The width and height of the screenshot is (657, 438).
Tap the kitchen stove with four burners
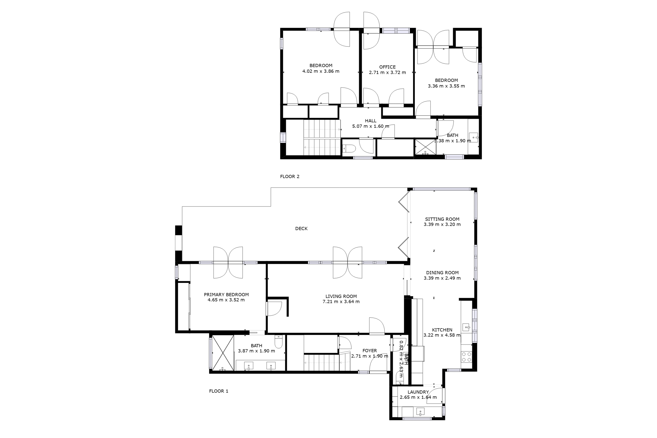click(x=466, y=357)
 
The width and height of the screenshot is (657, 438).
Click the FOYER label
click(x=370, y=351)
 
